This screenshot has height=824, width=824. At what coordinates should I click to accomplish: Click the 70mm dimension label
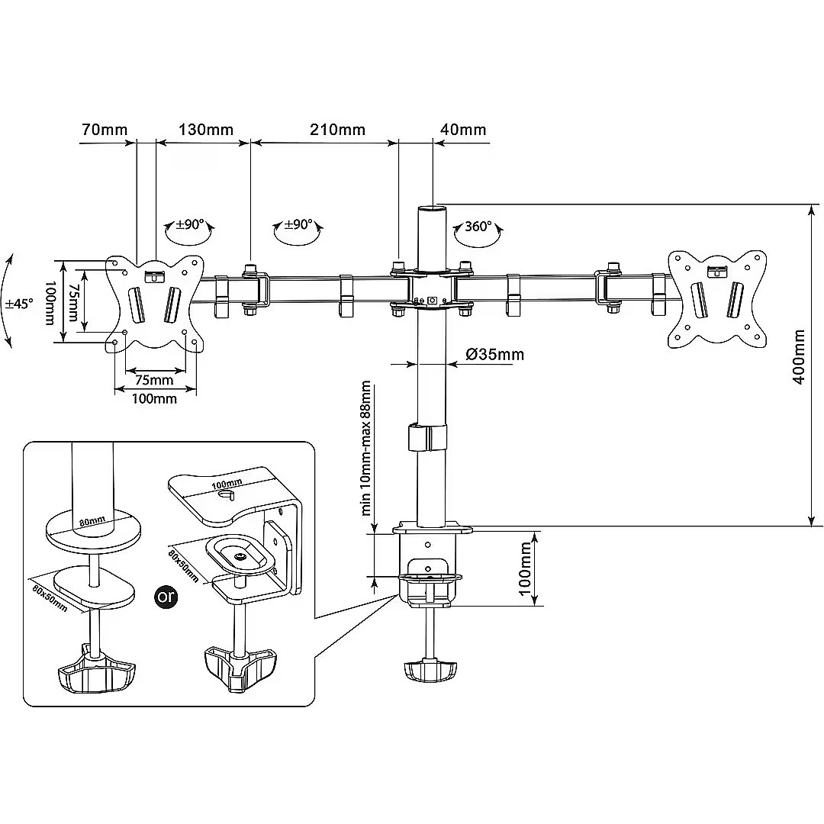[x=105, y=129]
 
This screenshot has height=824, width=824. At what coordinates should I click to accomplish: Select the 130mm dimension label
[x=206, y=129]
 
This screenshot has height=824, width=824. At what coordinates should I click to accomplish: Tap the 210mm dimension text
[x=337, y=129]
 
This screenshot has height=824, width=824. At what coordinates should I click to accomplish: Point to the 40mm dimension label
[x=463, y=129]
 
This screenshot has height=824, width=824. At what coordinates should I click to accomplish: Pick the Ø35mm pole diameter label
[x=494, y=354]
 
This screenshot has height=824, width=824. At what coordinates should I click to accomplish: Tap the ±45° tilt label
[x=18, y=303]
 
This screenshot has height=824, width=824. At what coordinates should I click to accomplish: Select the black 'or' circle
[x=166, y=597]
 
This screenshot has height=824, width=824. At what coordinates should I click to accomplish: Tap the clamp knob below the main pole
[x=429, y=671]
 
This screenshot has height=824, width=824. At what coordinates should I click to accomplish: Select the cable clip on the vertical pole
[x=428, y=438]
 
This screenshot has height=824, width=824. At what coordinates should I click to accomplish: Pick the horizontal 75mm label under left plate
[x=154, y=379]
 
